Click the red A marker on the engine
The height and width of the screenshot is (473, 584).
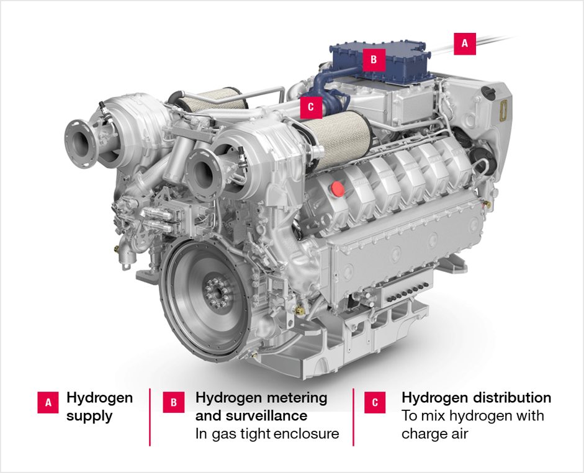pos(465,44)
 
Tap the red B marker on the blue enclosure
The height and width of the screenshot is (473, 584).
pos(374,60)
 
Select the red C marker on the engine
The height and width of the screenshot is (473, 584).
pos(310,107)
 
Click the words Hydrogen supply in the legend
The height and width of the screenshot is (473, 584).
pos(99,407)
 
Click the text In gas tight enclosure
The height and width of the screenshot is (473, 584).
pos(267,433)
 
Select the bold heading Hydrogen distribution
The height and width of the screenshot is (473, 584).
pos(476,397)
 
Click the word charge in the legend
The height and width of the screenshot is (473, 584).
pos(427,433)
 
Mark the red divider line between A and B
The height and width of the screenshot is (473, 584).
pos(150,417)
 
